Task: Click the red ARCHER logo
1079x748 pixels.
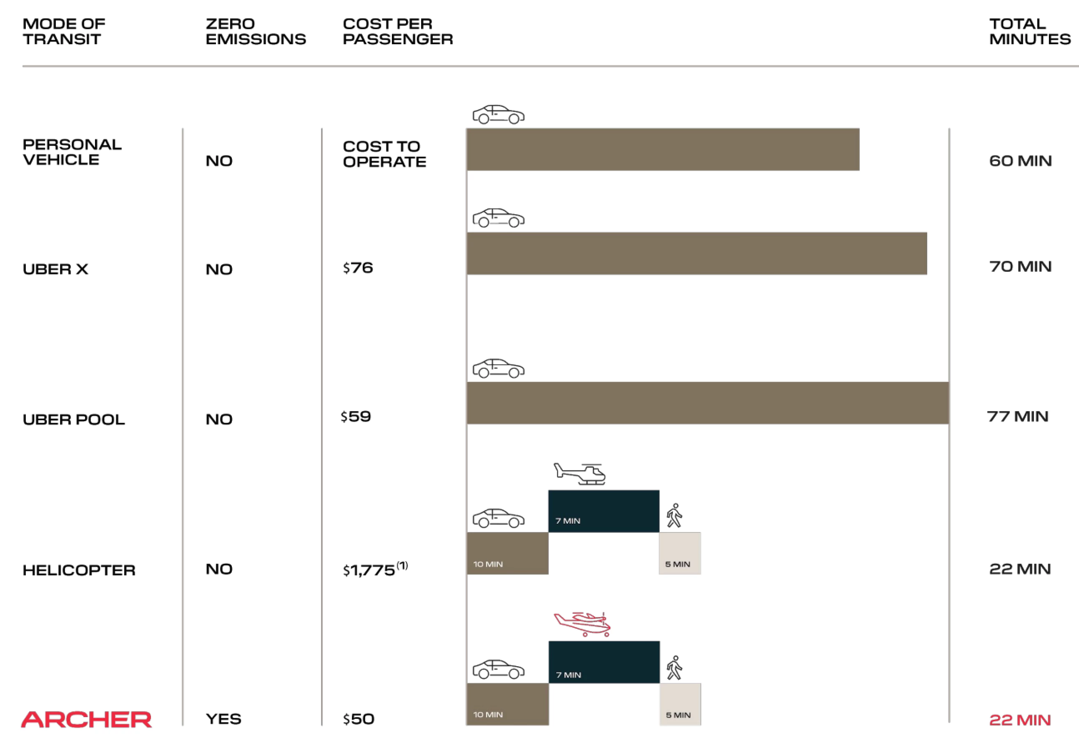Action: pos(87,719)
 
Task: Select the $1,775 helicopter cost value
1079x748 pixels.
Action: pos(370,570)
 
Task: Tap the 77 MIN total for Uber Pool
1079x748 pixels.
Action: pos(1018,416)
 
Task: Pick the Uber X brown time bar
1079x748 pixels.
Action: pos(697,254)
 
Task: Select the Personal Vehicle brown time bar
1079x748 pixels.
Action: pos(663,150)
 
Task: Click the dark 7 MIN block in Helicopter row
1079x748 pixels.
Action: pos(603,511)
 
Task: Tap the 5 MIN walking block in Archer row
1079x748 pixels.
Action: pos(680,704)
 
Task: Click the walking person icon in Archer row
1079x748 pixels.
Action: pos(675,668)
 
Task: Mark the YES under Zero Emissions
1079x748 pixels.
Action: pos(223,719)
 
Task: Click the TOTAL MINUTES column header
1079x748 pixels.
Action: pos(1030,31)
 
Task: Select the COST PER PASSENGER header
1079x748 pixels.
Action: pos(398,31)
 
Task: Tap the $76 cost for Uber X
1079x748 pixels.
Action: pos(358,268)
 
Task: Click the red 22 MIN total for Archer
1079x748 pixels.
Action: pos(1020,720)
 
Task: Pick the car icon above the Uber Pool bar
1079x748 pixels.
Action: pos(499,369)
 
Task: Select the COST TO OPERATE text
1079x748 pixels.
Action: pos(384,154)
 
